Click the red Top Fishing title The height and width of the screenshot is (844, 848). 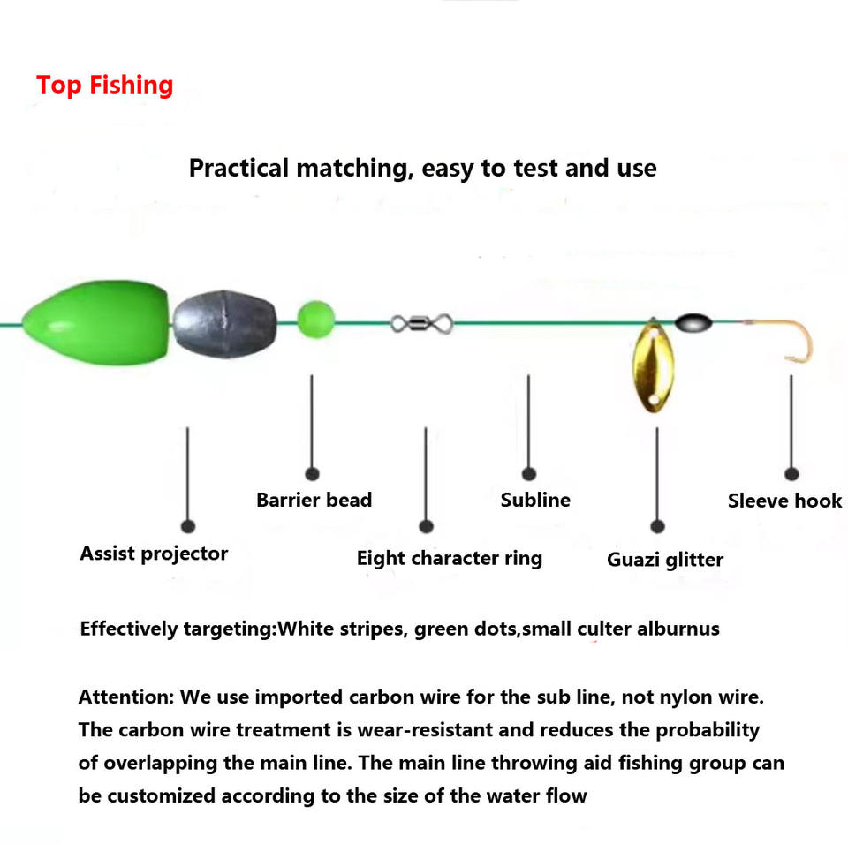[104, 85]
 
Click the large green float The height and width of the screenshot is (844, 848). [95, 320]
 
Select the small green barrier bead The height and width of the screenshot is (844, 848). [315, 318]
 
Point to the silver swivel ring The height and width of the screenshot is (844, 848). [421, 323]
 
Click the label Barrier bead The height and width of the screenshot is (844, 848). [314, 500]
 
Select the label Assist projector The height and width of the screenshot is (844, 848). [154, 554]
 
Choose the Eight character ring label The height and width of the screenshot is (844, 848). [449, 558]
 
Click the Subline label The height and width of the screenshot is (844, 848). [535, 500]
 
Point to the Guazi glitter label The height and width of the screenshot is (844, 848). [664, 560]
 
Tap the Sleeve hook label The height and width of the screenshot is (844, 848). [784, 501]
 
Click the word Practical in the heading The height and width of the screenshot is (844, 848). [238, 168]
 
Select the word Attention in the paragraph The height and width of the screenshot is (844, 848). [125, 697]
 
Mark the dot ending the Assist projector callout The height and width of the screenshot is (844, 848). [187, 526]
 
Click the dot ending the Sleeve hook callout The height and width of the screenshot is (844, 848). [791, 474]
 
